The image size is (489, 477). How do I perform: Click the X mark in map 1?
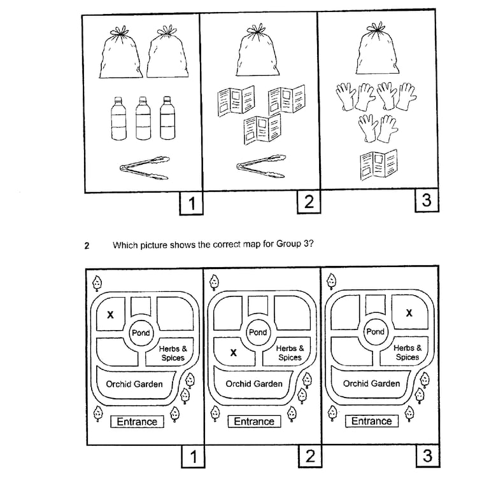(x=110, y=314)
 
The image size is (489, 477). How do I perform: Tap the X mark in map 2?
(x=234, y=353)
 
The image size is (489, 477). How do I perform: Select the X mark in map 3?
(x=409, y=313)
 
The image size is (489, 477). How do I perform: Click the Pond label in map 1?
(x=141, y=333)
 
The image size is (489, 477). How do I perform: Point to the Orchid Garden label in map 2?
(x=254, y=384)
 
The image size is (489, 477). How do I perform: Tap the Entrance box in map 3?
(x=372, y=421)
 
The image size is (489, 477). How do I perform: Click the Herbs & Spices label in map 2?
(x=290, y=353)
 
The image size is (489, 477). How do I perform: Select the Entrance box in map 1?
(x=137, y=421)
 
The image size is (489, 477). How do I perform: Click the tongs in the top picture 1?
(x=145, y=167)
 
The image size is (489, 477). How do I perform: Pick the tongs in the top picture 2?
(x=261, y=164)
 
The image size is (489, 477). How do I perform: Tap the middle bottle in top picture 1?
(x=144, y=118)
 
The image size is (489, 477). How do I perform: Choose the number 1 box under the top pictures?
(x=191, y=204)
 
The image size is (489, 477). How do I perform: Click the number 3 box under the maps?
(x=427, y=457)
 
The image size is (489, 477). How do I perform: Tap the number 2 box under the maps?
(x=309, y=457)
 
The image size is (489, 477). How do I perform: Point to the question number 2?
(x=87, y=245)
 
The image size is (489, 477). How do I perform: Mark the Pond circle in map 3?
(x=376, y=332)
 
